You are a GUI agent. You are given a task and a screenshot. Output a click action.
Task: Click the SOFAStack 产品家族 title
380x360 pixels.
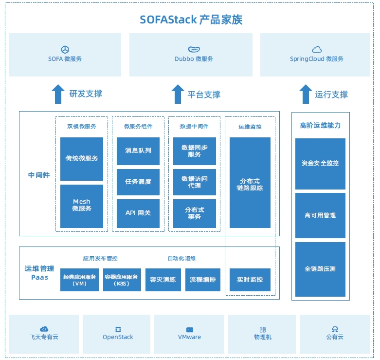191,20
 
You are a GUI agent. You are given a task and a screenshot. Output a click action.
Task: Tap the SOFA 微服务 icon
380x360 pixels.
65,49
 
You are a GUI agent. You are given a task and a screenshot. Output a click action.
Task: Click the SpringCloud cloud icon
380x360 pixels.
317,49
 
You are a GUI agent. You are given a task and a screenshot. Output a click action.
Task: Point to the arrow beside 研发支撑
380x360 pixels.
58,94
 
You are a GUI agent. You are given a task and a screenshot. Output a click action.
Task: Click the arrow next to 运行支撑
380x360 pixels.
305,94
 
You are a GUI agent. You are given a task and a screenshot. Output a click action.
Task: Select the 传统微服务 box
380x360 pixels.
82,159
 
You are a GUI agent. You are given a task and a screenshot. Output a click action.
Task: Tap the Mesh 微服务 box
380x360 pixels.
82,206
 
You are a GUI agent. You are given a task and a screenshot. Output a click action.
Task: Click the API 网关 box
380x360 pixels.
138,213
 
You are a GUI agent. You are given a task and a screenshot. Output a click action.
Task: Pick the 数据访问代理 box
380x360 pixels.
195,182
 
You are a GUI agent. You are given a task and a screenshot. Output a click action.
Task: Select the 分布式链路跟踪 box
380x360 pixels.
250,182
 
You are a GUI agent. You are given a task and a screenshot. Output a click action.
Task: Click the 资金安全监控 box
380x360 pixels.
320,163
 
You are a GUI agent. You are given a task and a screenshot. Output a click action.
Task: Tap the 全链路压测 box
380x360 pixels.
320,269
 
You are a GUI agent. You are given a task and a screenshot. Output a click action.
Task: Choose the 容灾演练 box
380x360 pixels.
163,280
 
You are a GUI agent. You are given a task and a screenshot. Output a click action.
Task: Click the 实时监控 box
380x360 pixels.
250,280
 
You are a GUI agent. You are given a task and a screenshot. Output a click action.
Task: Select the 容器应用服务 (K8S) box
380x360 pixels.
122,280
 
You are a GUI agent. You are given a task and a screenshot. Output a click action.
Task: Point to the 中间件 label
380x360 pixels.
39,175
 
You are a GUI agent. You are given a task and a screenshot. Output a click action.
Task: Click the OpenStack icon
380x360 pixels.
118,329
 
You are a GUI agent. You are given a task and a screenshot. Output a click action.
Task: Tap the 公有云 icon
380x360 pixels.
335,329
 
